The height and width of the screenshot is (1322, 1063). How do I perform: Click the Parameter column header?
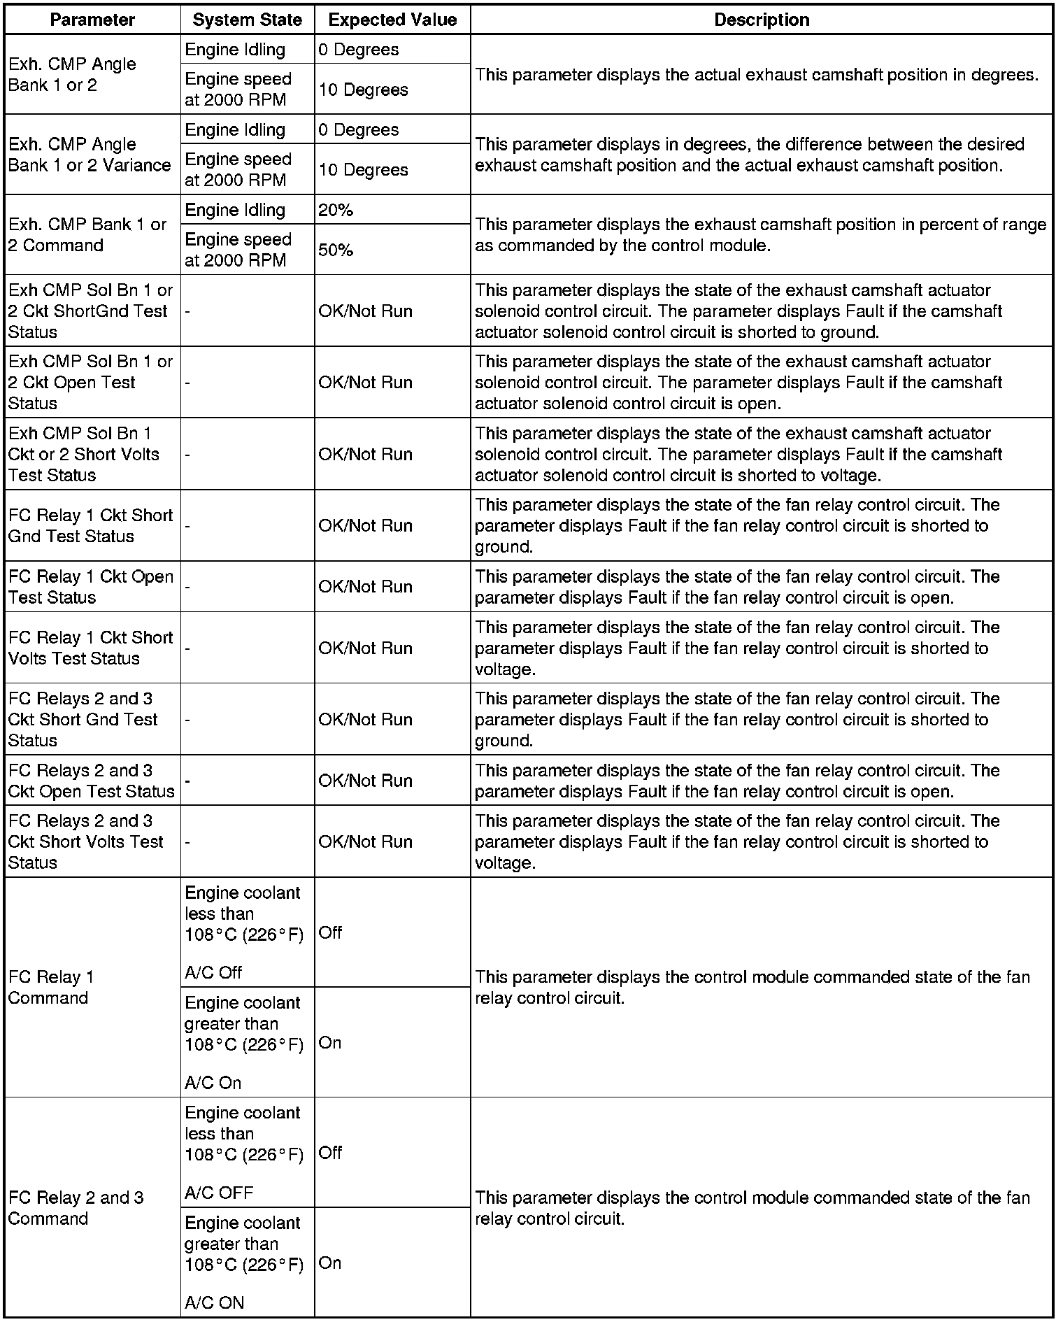point(92,20)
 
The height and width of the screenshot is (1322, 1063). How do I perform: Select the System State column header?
point(248,20)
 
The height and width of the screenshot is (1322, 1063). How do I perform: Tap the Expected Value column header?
point(392,20)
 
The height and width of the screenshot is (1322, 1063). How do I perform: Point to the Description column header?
point(762,20)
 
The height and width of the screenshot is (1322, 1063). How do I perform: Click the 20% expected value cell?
point(336,210)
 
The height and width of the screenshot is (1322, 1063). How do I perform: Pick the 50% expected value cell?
point(336,250)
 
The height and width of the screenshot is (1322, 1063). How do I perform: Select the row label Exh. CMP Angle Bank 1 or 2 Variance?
point(90,155)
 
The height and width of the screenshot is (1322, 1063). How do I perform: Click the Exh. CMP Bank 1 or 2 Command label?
point(87,235)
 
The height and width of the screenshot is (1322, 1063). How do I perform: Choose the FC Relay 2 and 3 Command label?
point(76,1208)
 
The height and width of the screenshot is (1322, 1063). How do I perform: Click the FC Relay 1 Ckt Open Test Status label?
point(91,587)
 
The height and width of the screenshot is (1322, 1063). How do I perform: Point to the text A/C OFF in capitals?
point(219,1193)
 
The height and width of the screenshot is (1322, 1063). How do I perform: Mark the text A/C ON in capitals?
point(215,1303)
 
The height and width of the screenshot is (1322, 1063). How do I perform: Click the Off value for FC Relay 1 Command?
point(330,932)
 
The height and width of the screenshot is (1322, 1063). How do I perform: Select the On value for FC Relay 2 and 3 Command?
point(330,1263)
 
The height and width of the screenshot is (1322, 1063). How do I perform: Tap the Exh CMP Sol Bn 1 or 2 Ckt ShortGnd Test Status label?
point(90,311)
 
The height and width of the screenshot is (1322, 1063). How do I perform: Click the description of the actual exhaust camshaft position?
point(757,75)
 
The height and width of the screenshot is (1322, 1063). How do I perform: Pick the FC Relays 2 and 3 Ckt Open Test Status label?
point(91,781)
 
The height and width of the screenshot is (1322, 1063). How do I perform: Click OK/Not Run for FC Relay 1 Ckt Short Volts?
point(366,648)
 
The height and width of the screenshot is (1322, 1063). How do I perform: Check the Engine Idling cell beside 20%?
point(236,210)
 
